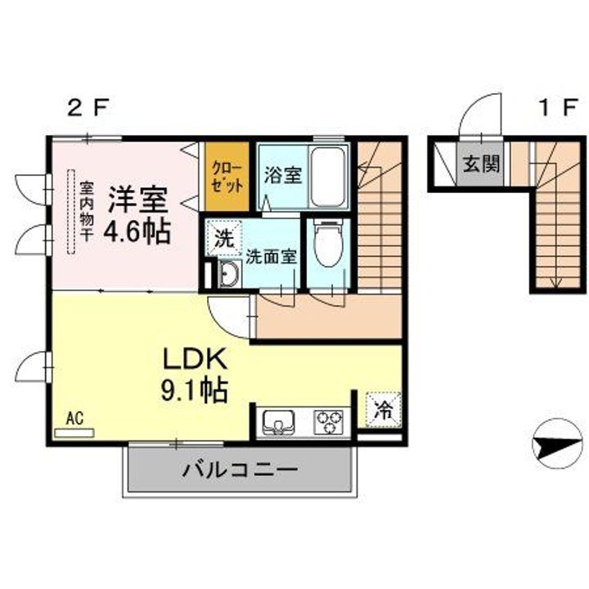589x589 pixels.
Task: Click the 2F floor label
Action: click(88, 108)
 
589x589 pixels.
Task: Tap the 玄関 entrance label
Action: click(481, 164)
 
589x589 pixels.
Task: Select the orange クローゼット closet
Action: click(227, 176)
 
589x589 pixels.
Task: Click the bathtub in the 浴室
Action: click(328, 177)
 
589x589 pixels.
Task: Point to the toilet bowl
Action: click(328, 244)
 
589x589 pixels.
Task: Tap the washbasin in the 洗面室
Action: click(229, 273)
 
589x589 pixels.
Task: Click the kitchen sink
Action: click(278, 422)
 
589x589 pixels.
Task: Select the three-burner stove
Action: click(330, 422)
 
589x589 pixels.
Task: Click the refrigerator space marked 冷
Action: click(383, 410)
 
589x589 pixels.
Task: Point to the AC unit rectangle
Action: click(74, 433)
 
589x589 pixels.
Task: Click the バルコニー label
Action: click(240, 470)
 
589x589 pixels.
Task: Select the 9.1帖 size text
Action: click(194, 391)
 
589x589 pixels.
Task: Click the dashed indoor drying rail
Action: click(71, 212)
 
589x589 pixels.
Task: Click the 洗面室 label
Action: click(272, 257)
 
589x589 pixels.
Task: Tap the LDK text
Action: click(195, 359)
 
